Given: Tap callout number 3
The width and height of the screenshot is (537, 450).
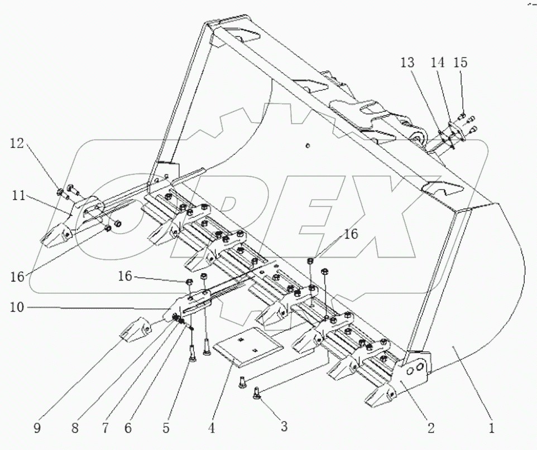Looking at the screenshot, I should (x=284, y=428).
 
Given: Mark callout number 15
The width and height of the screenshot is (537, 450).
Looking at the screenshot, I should (x=461, y=62).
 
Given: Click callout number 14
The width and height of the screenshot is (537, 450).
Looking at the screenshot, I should (x=437, y=62).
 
